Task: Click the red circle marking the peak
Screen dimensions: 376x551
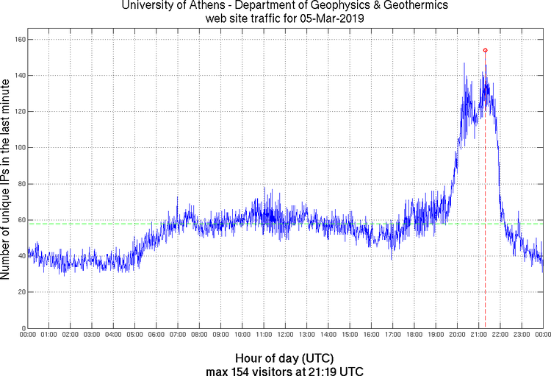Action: click(x=485, y=50)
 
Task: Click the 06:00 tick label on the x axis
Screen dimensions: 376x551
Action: click(x=156, y=335)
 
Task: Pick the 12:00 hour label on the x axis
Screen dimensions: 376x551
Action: click(x=285, y=335)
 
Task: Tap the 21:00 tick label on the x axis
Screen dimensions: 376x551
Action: click(x=478, y=335)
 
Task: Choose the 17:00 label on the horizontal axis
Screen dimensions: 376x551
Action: click(x=392, y=335)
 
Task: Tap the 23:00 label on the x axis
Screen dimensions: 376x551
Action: click(x=522, y=335)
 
